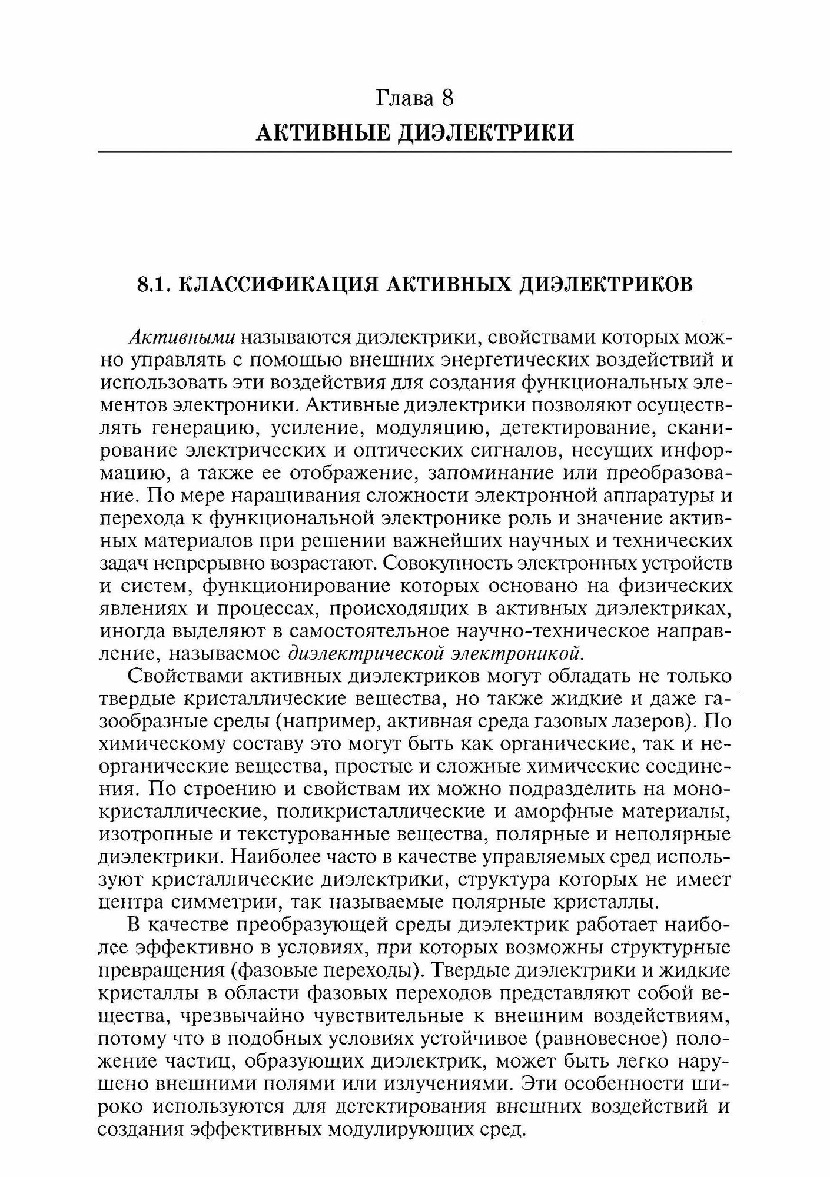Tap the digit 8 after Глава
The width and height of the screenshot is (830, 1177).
447,98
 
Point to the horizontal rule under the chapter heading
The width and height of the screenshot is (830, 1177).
414,152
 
